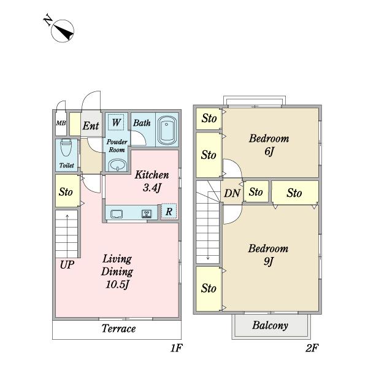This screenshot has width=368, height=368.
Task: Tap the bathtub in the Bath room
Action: (x=167, y=130)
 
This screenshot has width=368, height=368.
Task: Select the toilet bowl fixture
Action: (x=66, y=148)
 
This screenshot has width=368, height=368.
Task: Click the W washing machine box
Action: (x=117, y=122)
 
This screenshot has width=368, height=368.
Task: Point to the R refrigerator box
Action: (x=169, y=212)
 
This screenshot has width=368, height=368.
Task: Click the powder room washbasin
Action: (x=118, y=165)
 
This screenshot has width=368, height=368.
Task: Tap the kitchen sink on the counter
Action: (x=117, y=214)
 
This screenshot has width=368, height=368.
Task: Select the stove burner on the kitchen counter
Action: (x=147, y=214)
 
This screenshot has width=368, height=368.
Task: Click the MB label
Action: (x=61, y=123)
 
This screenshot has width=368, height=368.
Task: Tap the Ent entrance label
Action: (x=91, y=126)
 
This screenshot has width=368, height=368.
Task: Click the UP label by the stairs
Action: (x=67, y=265)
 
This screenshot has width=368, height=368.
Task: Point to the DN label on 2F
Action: (x=232, y=193)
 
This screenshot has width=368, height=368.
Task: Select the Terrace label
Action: (x=118, y=329)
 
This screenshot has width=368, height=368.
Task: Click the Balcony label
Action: (x=270, y=326)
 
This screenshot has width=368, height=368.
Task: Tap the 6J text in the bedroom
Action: (x=269, y=151)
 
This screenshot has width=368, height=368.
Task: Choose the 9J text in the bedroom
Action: (x=269, y=261)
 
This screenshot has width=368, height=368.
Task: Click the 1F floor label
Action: (x=177, y=348)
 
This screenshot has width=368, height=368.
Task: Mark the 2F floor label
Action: (x=312, y=348)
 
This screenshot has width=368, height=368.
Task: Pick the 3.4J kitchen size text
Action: (x=152, y=188)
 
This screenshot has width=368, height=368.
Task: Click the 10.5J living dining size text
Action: (x=117, y=285)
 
